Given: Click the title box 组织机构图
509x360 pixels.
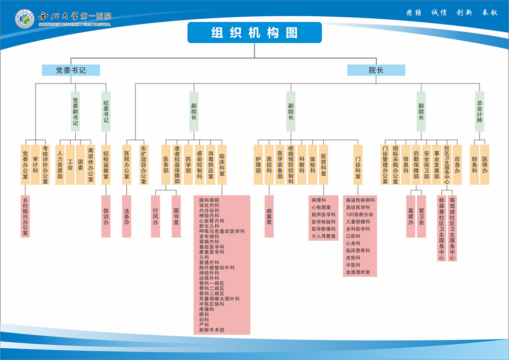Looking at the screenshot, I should (254, 33).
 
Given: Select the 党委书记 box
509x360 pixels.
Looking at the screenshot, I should (71, 70).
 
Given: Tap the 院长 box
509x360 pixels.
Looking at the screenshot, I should (376, 70).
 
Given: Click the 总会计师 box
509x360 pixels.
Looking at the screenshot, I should (479, 112).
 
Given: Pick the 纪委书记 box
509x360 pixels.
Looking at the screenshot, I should (106, 112).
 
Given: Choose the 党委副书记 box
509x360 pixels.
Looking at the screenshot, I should (75, 112).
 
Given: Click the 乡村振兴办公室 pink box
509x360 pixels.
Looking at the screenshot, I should (25, 216).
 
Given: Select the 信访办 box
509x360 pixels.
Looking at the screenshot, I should (106, 216).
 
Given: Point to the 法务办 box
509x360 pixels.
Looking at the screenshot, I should (127, 216).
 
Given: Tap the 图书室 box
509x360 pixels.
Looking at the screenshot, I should (176, 216).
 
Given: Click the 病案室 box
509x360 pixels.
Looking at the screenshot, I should (269, 216).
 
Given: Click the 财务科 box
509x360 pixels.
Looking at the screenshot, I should (474, 164).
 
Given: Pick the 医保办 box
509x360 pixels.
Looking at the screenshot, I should (485, 164).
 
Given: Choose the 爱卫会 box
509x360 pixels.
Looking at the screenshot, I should (421, 216).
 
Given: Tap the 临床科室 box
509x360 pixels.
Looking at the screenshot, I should (222, 164).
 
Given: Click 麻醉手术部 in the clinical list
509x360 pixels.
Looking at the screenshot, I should (211, 330).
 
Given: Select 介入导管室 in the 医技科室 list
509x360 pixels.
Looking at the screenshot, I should (324, 236).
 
